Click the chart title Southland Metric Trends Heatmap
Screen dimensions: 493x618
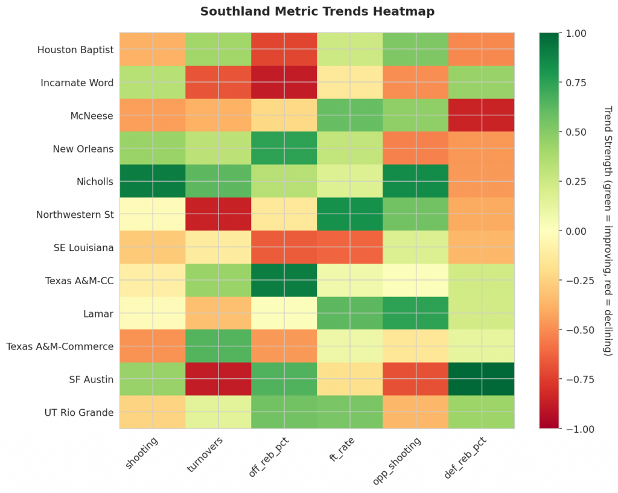pos(317,11)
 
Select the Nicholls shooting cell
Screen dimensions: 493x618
pos(153,181)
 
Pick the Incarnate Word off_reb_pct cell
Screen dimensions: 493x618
pos(284,82)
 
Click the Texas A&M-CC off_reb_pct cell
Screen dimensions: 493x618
pos(284,280)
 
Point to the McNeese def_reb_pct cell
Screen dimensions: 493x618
pos(482,115)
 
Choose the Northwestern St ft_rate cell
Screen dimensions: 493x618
pos(350,214)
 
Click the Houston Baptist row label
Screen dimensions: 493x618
pos(75,49)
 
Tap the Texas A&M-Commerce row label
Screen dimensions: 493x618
pos(60,346)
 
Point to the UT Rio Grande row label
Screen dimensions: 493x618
pos(78,412)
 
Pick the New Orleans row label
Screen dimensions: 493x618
pos(83,148)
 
